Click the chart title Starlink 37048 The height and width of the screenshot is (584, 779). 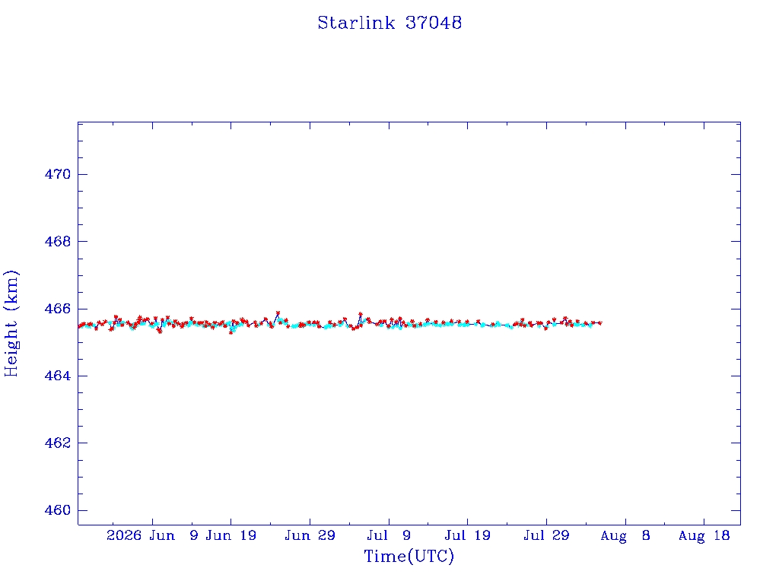(389, 23)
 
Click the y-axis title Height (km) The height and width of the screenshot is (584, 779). (11, 323)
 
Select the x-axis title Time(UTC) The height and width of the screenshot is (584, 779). (409, 556)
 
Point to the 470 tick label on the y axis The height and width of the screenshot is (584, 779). (58, 174)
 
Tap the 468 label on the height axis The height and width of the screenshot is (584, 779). (58, 241)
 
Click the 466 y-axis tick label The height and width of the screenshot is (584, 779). (58, 309)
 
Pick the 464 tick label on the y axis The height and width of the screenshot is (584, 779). (58, 376)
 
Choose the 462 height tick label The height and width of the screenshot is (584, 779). (58, 443)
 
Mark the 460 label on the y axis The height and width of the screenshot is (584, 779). (58, 510)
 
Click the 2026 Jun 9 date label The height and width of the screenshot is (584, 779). (152, 535)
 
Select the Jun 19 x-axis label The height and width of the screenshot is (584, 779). (231, 535)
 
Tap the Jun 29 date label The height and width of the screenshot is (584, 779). (310, 535)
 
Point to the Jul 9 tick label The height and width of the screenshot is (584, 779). (389, 535)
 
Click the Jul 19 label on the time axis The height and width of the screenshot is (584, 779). (468, 535)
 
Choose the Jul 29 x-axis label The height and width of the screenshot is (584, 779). (546, 535)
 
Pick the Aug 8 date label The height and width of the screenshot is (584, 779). (625, 535)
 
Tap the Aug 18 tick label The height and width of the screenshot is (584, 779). (704, 535)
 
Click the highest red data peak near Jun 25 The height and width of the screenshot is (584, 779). (278, 313)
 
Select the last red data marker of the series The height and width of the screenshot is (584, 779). (600, 322)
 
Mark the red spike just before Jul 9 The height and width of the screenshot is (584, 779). (361, 314)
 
